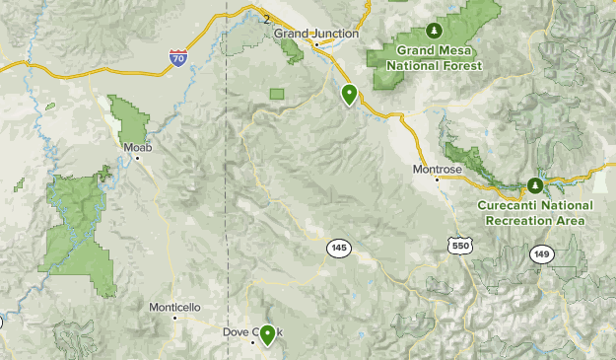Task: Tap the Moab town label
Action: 137,147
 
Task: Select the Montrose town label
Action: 437,170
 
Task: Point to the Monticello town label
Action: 174,308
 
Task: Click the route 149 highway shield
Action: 543,254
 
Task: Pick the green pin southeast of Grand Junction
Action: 349,95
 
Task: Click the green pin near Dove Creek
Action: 266,336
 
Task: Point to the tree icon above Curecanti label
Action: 535,185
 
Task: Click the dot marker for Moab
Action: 138,158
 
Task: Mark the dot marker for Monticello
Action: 174,318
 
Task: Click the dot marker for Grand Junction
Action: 315,44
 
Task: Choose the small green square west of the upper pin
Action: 277,94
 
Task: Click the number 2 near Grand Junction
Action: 266,19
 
